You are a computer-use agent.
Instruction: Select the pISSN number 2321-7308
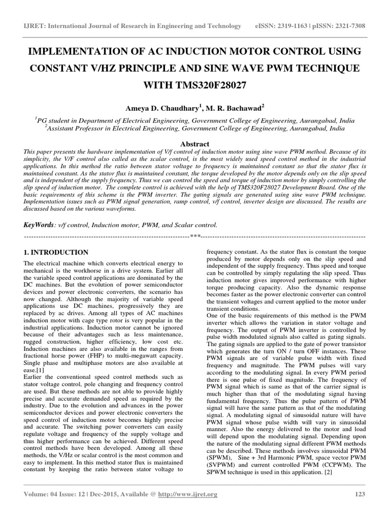pos(348,26)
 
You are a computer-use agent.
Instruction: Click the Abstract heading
pos(195,144)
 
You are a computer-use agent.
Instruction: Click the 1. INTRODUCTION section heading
pos(56,252)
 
